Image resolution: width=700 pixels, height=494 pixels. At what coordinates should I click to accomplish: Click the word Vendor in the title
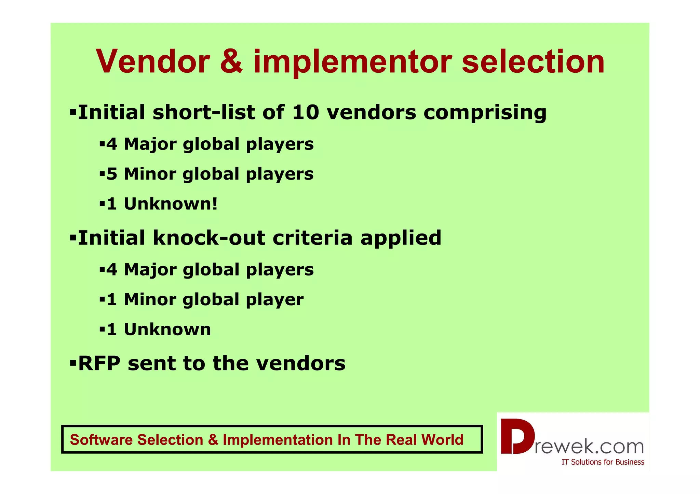[x=152, y=62]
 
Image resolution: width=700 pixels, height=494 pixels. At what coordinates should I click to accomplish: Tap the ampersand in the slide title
[x=231, y=62]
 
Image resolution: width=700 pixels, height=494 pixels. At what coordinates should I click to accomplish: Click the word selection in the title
[x=533, y=62]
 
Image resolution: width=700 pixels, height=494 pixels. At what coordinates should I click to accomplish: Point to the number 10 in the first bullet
[x=305, y=112]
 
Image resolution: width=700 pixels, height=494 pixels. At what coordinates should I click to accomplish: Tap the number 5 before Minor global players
[x=112, y=174]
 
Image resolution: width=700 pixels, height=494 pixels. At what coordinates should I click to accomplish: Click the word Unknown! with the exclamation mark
[x=171, y=204]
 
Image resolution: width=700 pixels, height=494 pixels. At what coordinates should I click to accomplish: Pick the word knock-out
[x=208, y=238]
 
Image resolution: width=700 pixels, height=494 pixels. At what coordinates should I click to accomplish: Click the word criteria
[x=312, y=238]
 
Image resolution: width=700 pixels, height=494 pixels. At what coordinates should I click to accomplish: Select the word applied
[x=401, y=238]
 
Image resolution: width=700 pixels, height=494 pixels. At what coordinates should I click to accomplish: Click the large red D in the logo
[x=517, y=437]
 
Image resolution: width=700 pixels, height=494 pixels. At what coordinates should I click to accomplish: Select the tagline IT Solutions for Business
[x=603, y=462]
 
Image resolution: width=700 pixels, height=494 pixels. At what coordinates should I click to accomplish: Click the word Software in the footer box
[x=102, y=440]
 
